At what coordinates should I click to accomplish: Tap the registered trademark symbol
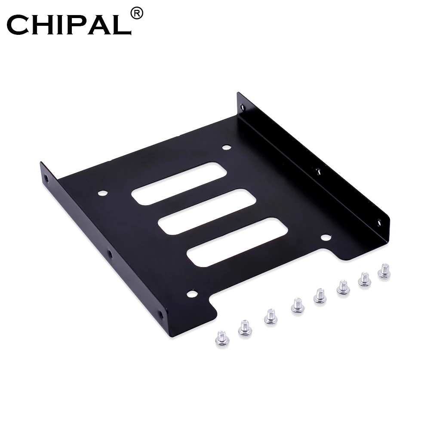(137, 14)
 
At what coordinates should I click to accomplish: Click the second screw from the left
(245, 327)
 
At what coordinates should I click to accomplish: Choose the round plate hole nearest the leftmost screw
(191, 294)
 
